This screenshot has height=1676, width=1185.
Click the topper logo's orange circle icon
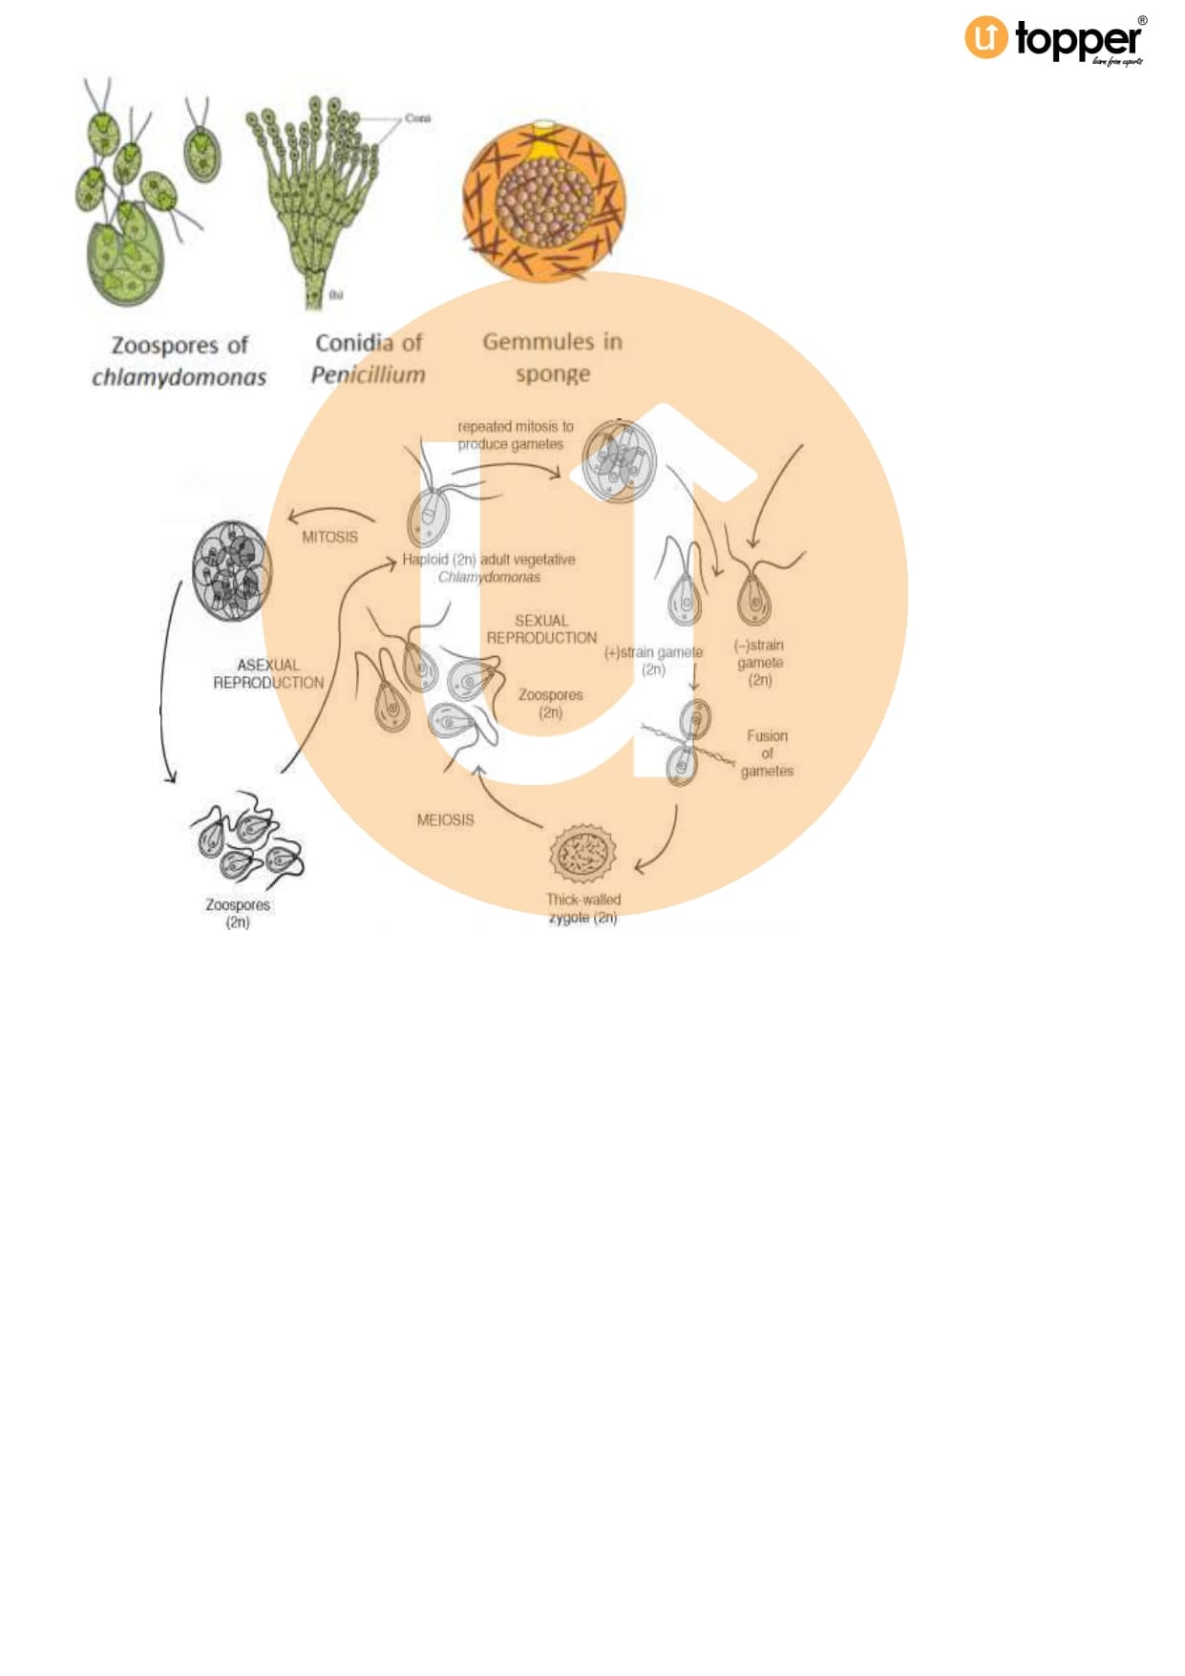tap(985, 38)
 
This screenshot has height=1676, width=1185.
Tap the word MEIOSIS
tap(445, 819)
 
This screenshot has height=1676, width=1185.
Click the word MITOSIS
tap(329, 537)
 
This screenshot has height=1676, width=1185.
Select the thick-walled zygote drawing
tap(582, 854)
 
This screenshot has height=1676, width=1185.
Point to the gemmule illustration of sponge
tap(544, 200)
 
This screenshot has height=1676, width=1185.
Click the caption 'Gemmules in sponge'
tap(552, 356)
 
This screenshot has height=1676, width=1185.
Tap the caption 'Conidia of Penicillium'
tap(369, 358)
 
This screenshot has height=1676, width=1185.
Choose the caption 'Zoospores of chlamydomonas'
tap(180, 360)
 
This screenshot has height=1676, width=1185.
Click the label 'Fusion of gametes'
tap(767, 753)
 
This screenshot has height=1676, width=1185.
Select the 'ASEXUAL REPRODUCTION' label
tap(268, 673)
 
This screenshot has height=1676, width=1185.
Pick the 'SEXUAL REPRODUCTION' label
tap(541, 628)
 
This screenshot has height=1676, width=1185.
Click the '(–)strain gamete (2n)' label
tap(759, 662)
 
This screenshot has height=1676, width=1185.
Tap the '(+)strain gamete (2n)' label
tap(654, 660)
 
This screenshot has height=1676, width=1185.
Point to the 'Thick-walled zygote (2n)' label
tap(582, 908)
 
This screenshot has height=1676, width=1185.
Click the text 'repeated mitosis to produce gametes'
tap(515, 435)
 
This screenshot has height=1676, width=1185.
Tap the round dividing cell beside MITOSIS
tap(231, 571)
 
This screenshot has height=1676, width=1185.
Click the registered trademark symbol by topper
tap(1142, 21)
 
